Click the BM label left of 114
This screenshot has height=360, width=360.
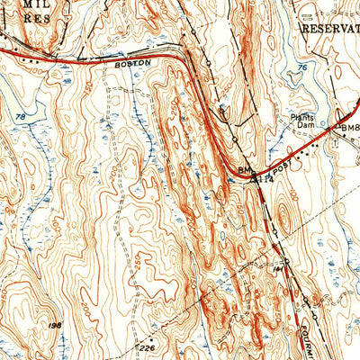(x=245, y=168)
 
